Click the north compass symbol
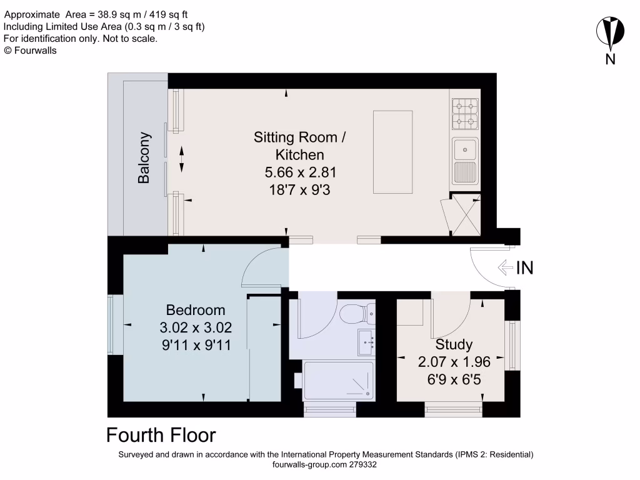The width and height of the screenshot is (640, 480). (611, 34)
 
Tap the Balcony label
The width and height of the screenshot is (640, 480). (144, 157)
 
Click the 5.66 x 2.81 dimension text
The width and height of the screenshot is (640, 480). (299, 172)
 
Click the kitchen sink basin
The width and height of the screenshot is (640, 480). (464, 149)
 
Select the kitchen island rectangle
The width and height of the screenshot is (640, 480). (392, 152)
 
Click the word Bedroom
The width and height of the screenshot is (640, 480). (196, 310)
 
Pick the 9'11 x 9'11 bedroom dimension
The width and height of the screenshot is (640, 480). (196, 344)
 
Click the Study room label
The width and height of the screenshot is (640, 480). (454, 344)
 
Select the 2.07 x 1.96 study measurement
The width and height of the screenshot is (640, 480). (454, 361)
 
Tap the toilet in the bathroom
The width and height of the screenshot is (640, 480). (359, 311)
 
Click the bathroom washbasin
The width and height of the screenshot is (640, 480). (366, 341)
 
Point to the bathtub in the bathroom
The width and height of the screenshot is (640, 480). (338, 380)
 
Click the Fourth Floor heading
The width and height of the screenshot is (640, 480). (161, 435)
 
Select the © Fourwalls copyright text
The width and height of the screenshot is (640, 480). (31, 51)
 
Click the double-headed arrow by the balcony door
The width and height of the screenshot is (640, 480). (182, 159)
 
